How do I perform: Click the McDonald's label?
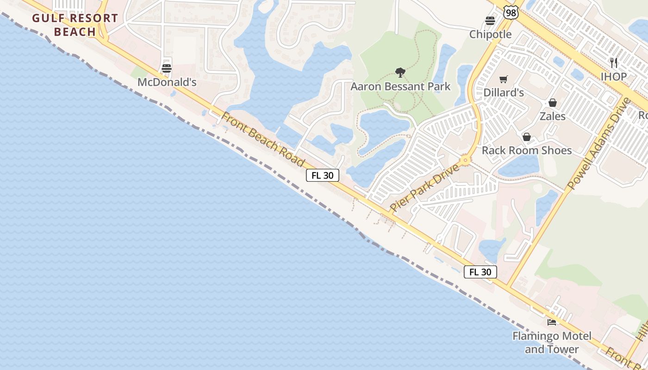(167, 82)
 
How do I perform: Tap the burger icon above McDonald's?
(167, 68)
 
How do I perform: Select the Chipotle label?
(491, 34)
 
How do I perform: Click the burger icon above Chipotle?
(490, 20)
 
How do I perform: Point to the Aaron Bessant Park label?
(400, 86)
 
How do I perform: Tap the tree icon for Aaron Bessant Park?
(400, 72)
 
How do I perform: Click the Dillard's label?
(504, 92)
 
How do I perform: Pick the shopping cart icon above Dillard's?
(504, 79)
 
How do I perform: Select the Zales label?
(553, 116)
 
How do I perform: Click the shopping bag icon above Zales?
(553, 102)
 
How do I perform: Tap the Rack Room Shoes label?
(527, 150)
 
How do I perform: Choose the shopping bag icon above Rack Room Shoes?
(527, 136)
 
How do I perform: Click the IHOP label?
(614, 76)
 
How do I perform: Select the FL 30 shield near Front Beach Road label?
(323, 176)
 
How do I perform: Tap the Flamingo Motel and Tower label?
(552, 342)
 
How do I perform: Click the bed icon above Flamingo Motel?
(552, 322)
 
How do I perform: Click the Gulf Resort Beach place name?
(75, 25)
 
